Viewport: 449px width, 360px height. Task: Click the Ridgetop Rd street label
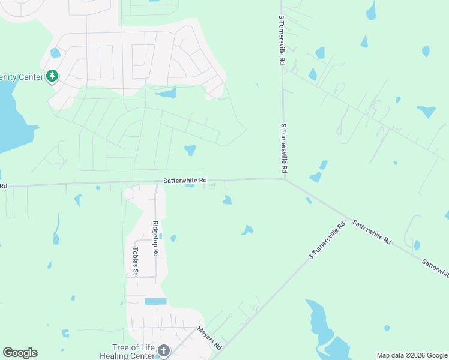click(155, 239)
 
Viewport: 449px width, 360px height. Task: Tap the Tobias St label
click(136, 262)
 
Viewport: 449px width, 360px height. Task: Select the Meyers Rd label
click(209, 338)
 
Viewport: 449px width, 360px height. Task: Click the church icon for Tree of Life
click(164, 350)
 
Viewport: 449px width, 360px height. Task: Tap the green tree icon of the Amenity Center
click(53, 76)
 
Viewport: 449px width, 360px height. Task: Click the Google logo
click(20, 353)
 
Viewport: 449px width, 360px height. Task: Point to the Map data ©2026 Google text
click(412, 355)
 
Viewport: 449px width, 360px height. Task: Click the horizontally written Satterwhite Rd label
click(185, 180)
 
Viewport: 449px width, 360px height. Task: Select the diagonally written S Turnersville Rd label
click(327, 241)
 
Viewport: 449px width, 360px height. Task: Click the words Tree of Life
click(133, 347)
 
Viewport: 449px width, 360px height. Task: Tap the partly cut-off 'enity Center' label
click(22, 77)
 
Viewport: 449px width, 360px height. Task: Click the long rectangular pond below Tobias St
click(155, 301)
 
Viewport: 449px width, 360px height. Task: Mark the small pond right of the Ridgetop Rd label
click(173, 238)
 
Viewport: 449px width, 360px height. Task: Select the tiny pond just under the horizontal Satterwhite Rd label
click(190, 185)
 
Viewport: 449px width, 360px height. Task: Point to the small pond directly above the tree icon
click(55, 53)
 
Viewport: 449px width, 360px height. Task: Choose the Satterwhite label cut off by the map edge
click(435, 268)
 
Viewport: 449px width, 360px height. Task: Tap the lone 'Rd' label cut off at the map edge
click(3, 186)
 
